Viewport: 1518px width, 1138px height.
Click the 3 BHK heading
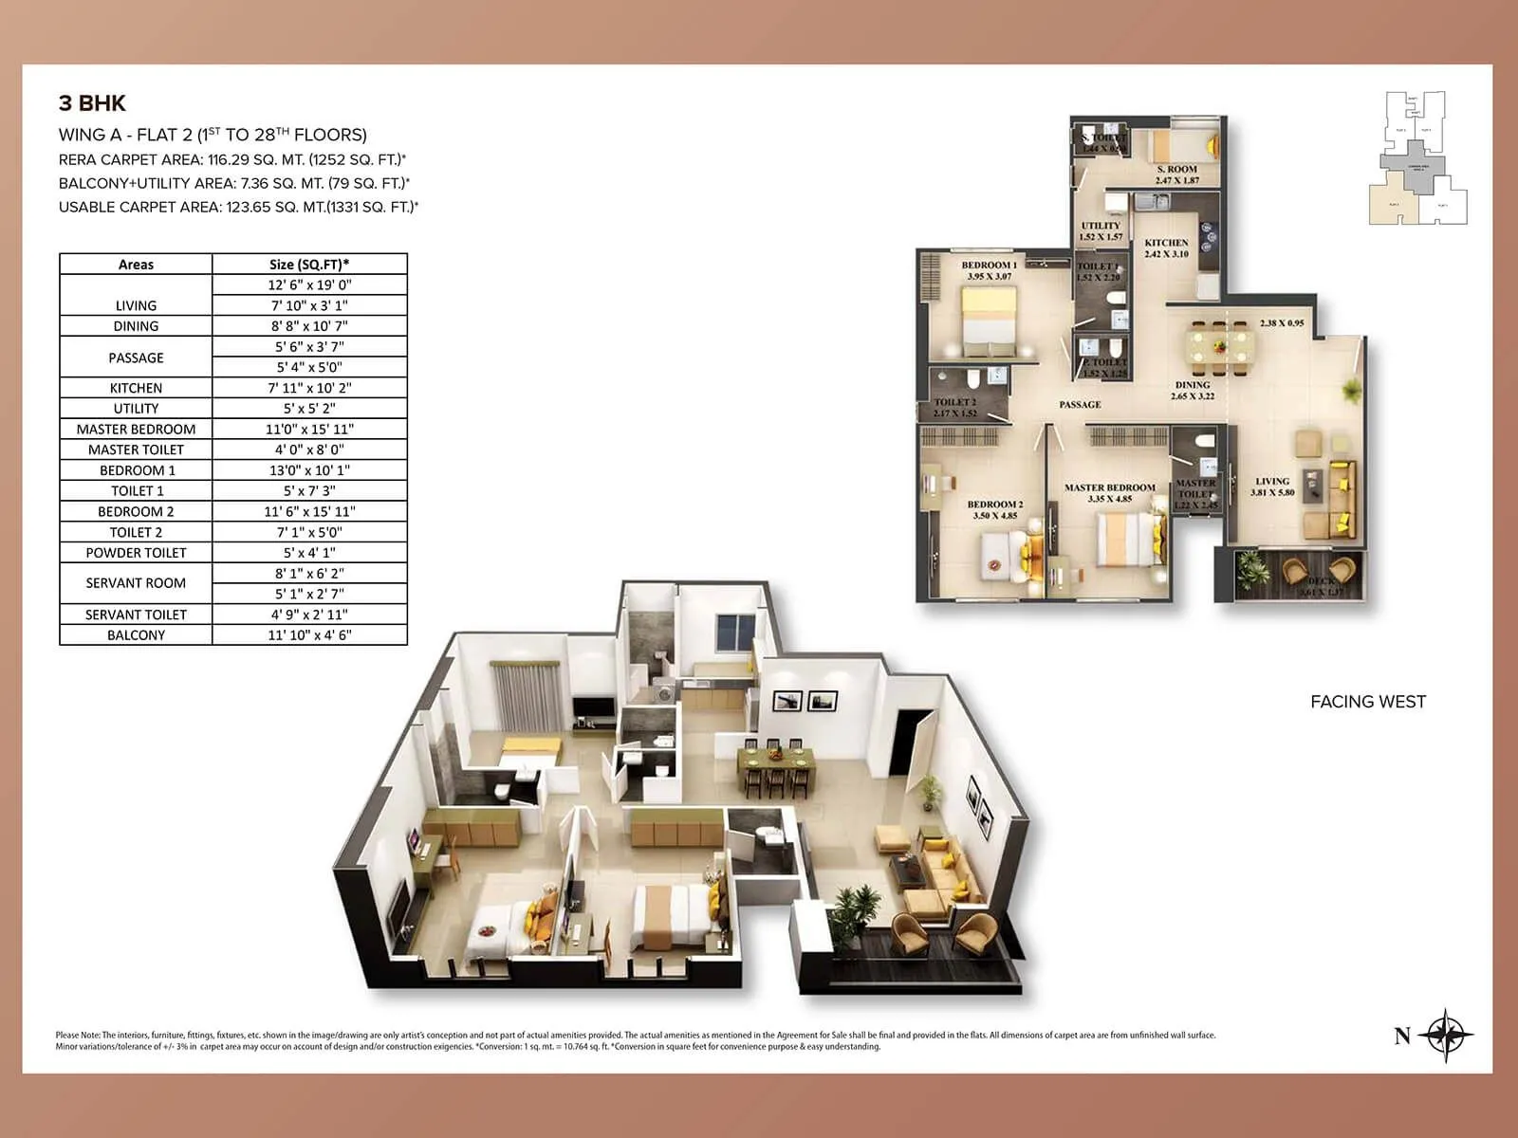(92, 104)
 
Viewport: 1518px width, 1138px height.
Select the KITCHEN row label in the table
(136, 388)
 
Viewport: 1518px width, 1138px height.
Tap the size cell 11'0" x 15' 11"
(309, 429)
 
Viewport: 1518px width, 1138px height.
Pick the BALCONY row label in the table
(136, 635)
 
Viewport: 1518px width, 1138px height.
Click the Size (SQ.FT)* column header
(309, 265)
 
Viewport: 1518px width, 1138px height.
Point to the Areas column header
(136, 265)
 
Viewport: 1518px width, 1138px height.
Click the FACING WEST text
(1367, 702)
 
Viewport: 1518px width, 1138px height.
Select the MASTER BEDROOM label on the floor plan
(1109, 488)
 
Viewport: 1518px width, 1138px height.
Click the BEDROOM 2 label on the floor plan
(994, 505)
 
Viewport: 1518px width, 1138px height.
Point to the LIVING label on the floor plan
(1272, 482)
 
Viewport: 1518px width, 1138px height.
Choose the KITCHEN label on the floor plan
(1166, 244)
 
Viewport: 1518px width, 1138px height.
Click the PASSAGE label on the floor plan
(1080, 405)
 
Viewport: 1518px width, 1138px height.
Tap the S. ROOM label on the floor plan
(1176, 170)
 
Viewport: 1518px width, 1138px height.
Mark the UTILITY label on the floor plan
(1101, 227)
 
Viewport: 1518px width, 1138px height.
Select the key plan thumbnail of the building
(1417, 157)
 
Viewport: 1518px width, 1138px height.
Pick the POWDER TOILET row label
(136, 553)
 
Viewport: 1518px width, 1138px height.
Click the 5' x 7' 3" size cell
(309, 491)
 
